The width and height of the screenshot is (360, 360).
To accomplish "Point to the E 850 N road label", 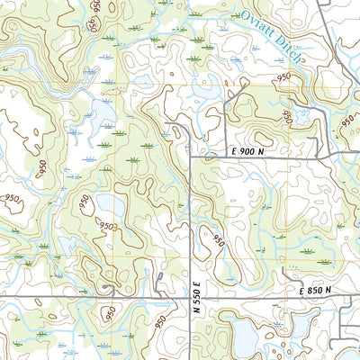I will [315, 289].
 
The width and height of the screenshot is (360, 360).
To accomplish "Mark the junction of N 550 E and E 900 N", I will [192, 158].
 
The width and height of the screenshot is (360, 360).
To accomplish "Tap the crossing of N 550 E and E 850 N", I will [192, 296].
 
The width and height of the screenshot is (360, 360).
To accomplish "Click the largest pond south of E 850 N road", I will [245, 337].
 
